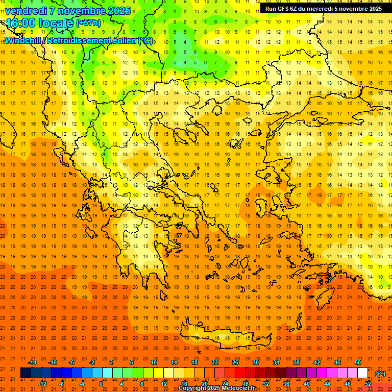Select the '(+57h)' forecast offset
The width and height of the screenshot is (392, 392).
(x=88, y=23)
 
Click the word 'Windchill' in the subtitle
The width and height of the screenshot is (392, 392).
(x=23, y=40)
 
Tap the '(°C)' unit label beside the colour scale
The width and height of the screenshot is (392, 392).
(x=380, y=374)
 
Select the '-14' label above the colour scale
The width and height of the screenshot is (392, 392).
(x=32, y=362)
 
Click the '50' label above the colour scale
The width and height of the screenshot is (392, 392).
(x=358, y=362)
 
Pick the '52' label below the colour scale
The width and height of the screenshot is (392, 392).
(x=368, y=384)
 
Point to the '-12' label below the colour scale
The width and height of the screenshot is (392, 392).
(x=42, y=384)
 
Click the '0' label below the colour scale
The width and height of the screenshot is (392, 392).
(x=101, y=384)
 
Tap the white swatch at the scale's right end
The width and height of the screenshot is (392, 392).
(x=363, y=373)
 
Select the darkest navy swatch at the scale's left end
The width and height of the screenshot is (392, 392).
(x=26, y=373)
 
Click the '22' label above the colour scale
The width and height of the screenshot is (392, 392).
(x=215, y=362)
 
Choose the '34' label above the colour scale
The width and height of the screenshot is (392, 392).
(x=276, y=362)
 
